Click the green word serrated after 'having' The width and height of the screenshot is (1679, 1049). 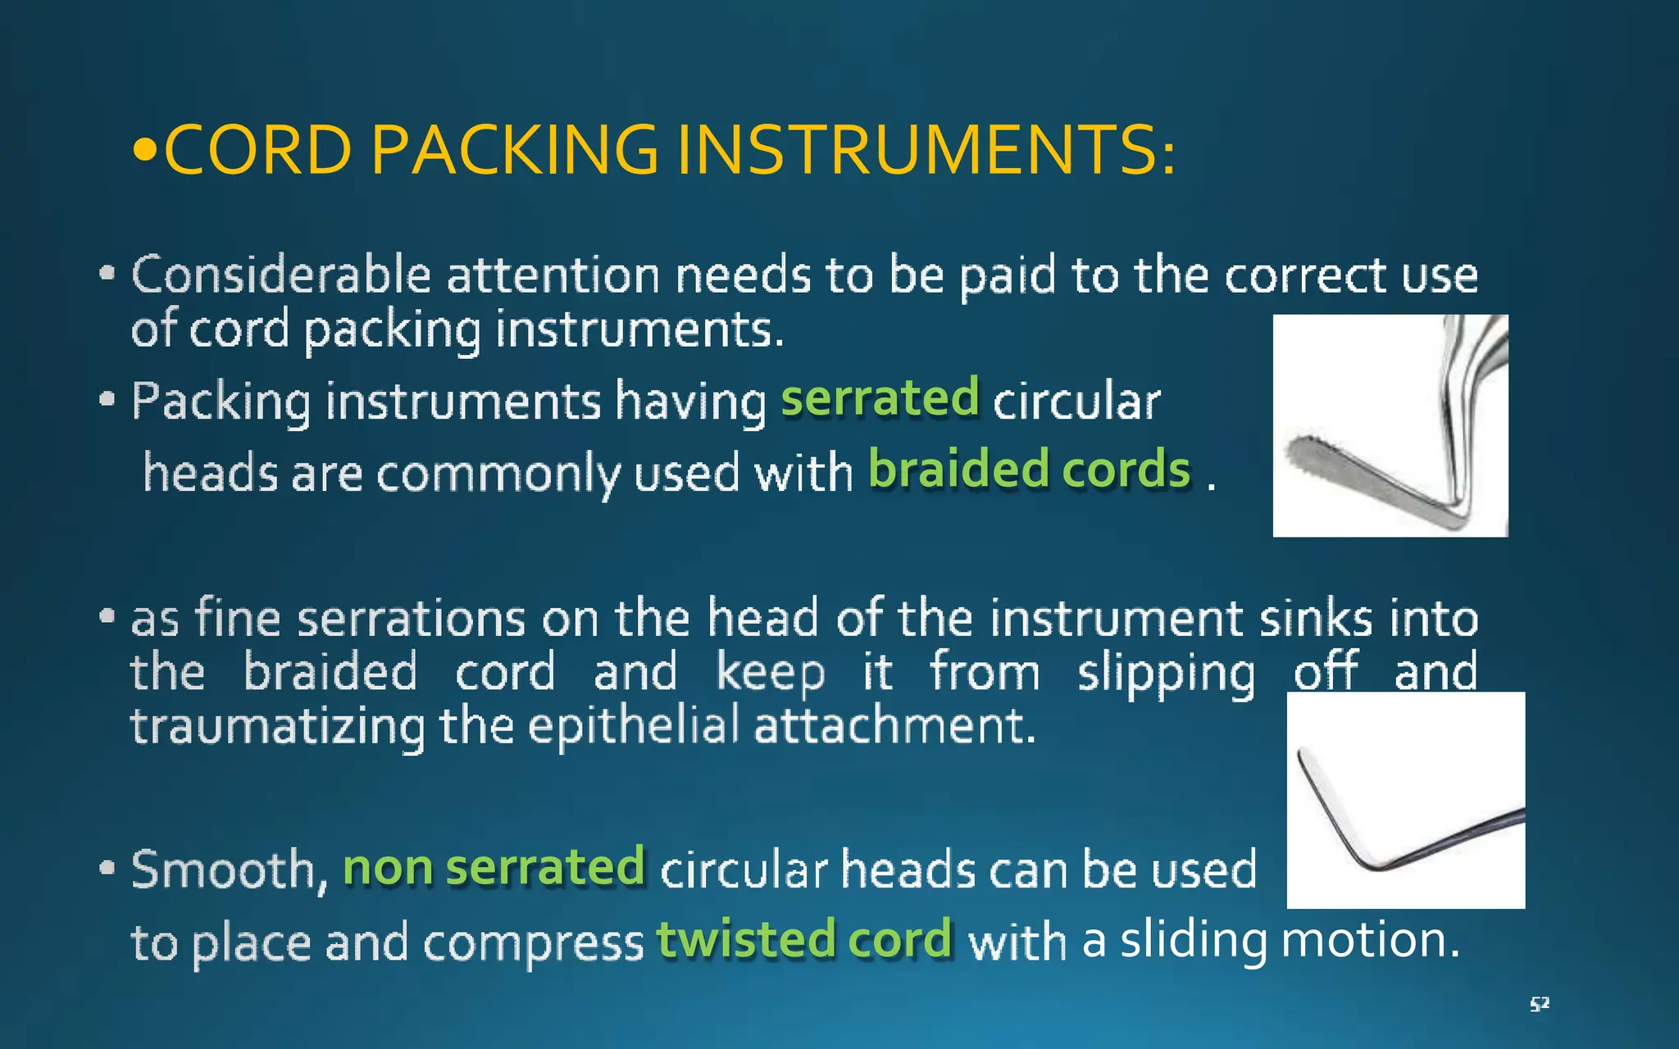[x=880, y=398]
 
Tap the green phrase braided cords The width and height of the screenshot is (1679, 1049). [x=1029, y=470]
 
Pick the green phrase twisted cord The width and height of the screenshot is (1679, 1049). [x=804, y=939]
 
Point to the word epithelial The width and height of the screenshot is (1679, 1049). [x=634, y=726]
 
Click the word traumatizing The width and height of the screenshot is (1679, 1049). [x=277, y=728]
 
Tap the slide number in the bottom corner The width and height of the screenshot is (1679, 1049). [x=1539, y=1004]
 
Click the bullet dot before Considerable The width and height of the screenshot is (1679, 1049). [x=107, y=274]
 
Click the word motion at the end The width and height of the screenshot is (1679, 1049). [x=1369, y=940]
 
